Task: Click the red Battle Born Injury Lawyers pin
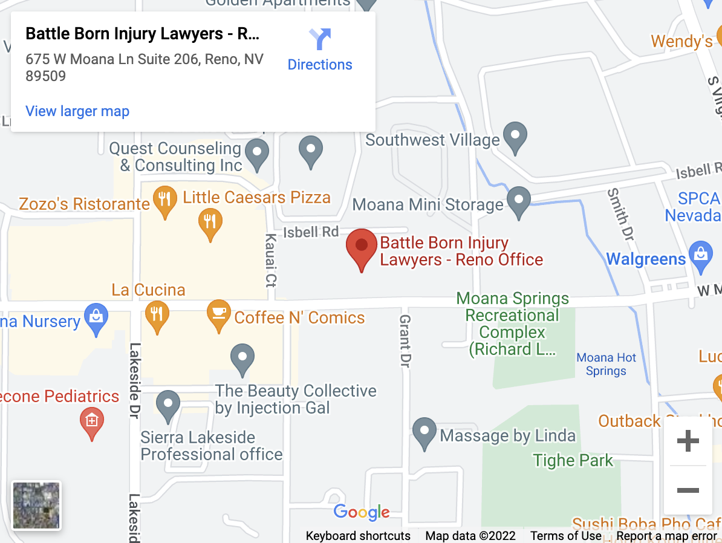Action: pyautogui.click(x=361, y=247)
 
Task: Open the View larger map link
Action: pyautogui.click(x=77, y=111)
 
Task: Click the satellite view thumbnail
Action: pyautogui.click(x=36, y=506)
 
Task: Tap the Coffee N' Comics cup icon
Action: pyautogui.click(x=218, y=314)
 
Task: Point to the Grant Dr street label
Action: pyautogui.click(x=405, y=340)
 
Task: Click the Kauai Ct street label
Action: pyautogui.click(x=270, y=260)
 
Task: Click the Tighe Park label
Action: pyautogui.click(x=573, y=461)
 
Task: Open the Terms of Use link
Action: pyautogui.click(x=566, y=536)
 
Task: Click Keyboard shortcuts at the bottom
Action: pyautogui.click(x=358, y=536)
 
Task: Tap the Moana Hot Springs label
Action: pyautogui.click(x=606, y=364)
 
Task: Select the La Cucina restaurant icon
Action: pyautogui.click(x=157, y=315)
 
